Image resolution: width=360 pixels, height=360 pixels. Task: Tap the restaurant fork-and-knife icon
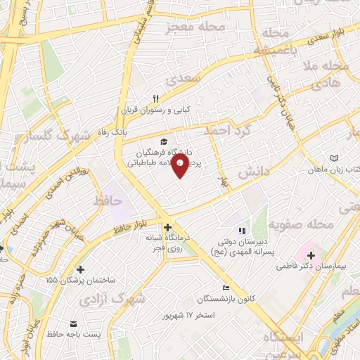point(157,98)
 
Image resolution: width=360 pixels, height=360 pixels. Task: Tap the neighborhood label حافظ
point(107,201)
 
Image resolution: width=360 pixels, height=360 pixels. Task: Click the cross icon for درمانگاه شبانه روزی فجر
point(167,227)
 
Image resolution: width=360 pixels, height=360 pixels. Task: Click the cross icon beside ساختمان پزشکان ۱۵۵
point(81,269)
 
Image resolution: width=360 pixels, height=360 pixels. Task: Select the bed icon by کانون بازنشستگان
point(226,288)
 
